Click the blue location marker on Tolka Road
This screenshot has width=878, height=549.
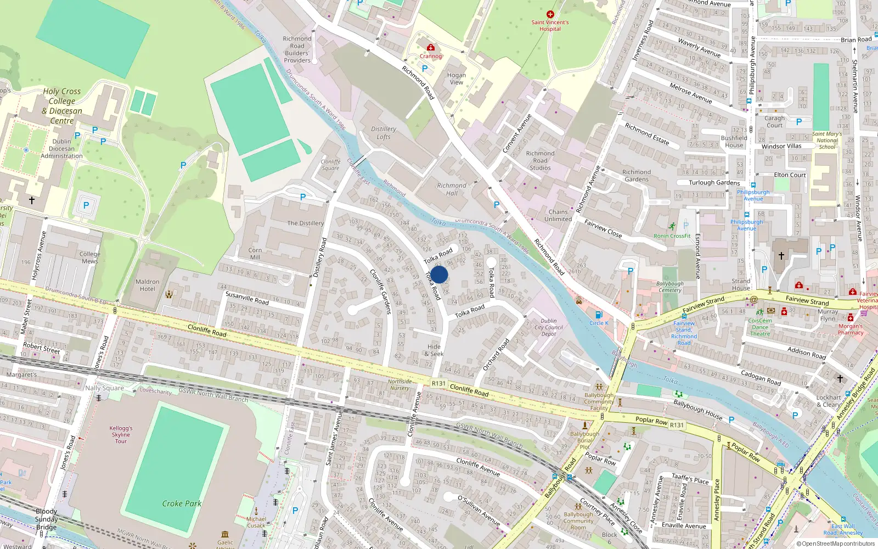[x=439, y=274]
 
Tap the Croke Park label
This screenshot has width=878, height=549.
[x=182, y=503]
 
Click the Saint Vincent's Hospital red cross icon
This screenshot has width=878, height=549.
[x=550, y=14]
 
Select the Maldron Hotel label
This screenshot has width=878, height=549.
[x=147, y=285]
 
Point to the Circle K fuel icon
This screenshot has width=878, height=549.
[x=599, y=315]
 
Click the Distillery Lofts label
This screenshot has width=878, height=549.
[x=384, y=133]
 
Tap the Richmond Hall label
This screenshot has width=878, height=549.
[x=452, y=189]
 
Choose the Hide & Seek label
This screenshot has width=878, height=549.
[x=435, y=350]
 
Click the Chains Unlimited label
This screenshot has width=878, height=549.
[x=558, y=215]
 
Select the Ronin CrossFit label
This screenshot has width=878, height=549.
[x=672, y=236]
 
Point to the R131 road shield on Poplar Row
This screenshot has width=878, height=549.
[x=677, y=425]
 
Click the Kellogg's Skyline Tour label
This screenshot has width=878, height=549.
[x=121, y=434]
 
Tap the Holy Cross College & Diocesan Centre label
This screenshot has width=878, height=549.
[x=62, y=106]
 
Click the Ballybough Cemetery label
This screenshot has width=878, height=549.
[x=670, y=287]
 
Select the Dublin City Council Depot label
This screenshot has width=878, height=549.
[x=549, y=327]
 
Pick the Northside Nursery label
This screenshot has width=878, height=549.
[x=399, y=385]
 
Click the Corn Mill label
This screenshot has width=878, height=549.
[x=255, y=254]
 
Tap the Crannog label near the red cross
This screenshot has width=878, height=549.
[x=431, y=56]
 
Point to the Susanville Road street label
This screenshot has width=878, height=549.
[x=247, y=298]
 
